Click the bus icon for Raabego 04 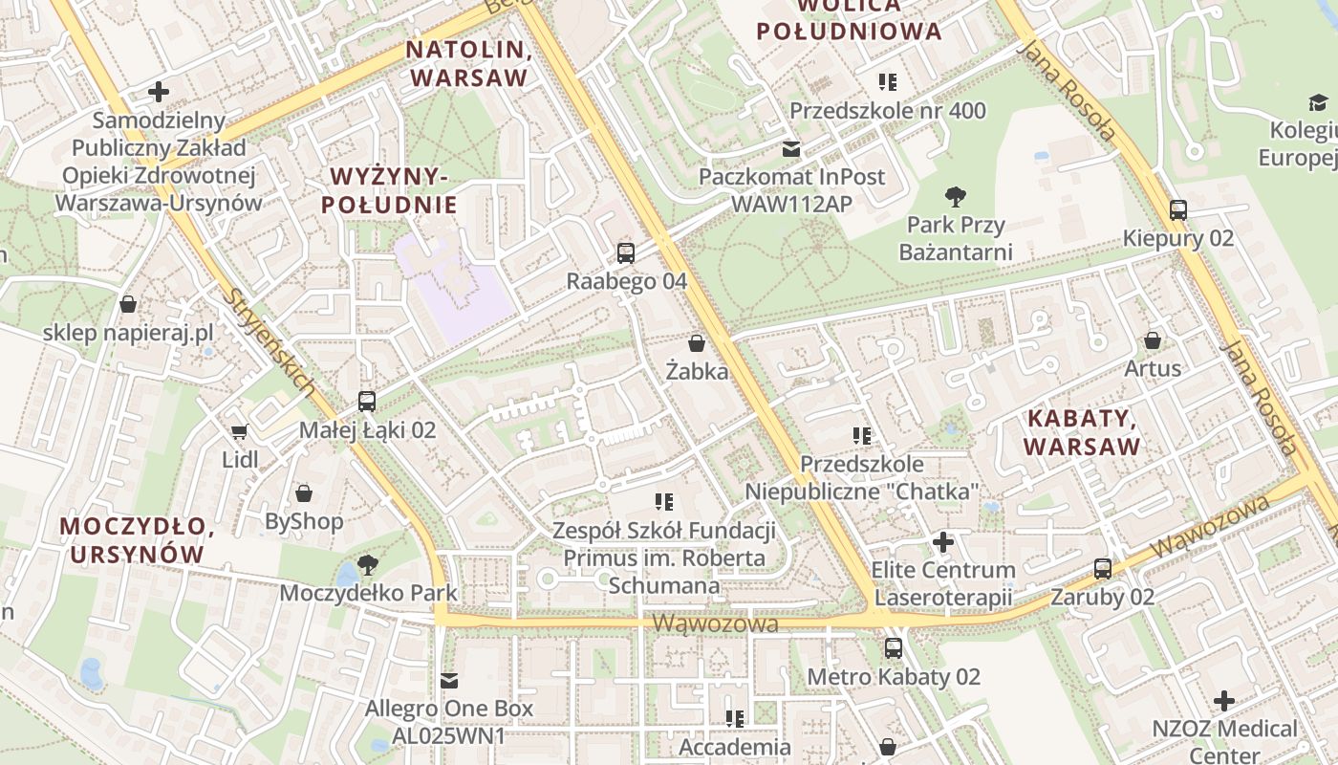point(625,252)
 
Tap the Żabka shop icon point(697,342)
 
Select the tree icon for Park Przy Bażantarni point(954,197)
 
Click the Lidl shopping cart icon point(239,432)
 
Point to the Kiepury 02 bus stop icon point(1177,210)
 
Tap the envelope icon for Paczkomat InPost point(791,148)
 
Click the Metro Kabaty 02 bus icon point(893,648)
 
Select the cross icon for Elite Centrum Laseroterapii point(943,542)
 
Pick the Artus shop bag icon point(1153,340)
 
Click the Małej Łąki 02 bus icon point(367,402)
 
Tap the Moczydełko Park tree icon point(367,564)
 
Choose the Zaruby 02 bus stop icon point(1102,569)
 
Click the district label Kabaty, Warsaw point(1082,432)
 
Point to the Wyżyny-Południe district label point(389,190)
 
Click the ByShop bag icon point(303,493)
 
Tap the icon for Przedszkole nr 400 point(887,82)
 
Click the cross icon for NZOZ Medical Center point(1223,701)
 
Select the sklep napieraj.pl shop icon point(127,304)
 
